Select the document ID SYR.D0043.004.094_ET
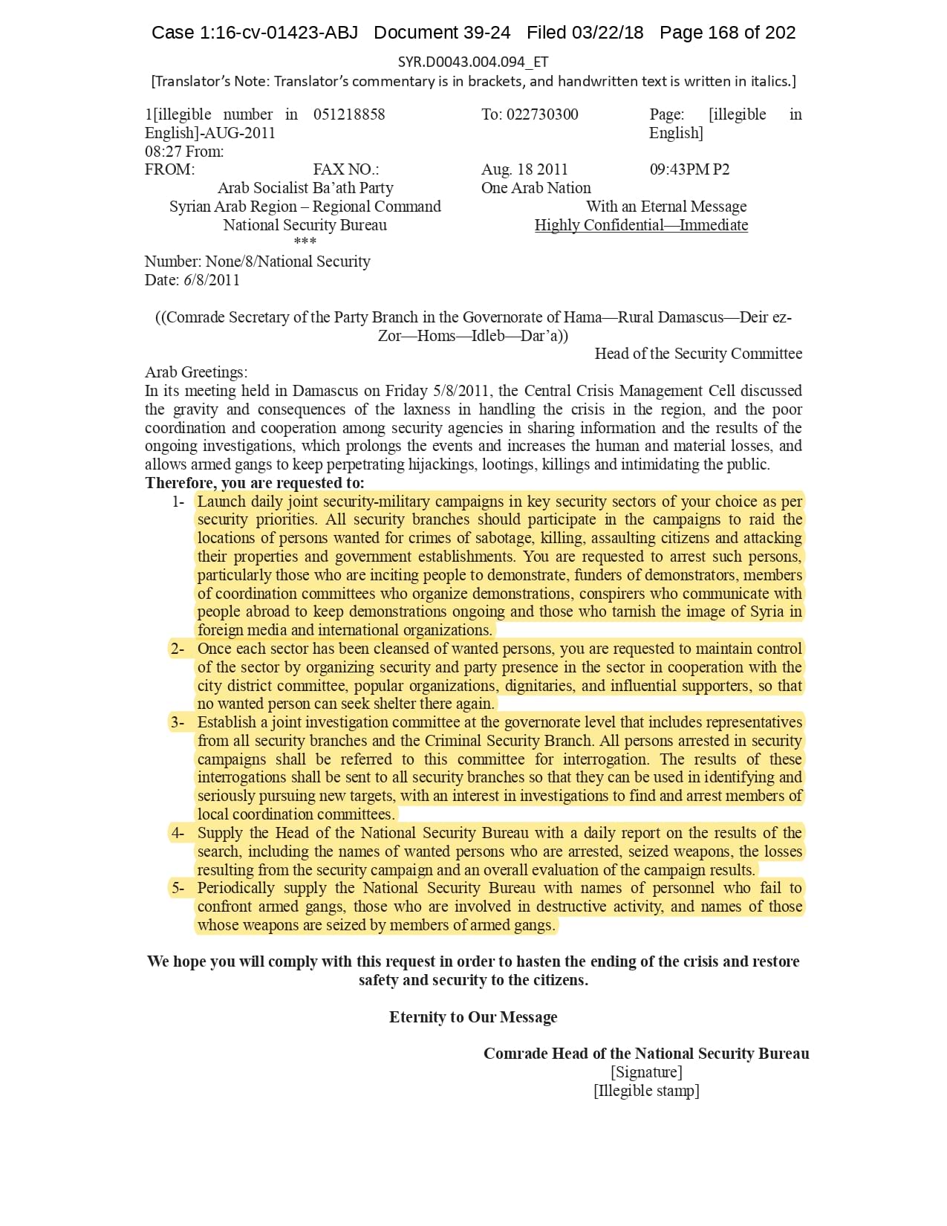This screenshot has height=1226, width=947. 473,62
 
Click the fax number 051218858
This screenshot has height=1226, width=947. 349,114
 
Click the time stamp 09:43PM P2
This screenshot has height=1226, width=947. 689,169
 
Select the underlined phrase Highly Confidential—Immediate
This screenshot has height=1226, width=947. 641,225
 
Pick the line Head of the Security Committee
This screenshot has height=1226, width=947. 698,354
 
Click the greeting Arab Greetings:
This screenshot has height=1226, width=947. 196,372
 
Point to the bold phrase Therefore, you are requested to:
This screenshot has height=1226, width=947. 255,483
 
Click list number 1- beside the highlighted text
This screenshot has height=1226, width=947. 178,502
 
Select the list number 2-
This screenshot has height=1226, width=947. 178,649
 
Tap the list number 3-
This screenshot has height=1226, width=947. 178,722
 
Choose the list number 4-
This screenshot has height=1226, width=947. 178,833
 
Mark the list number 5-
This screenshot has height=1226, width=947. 178,888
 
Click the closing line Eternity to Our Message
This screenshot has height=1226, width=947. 473,1017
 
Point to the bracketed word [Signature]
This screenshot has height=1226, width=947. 646,1072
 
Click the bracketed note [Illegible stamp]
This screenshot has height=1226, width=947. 646,1091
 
